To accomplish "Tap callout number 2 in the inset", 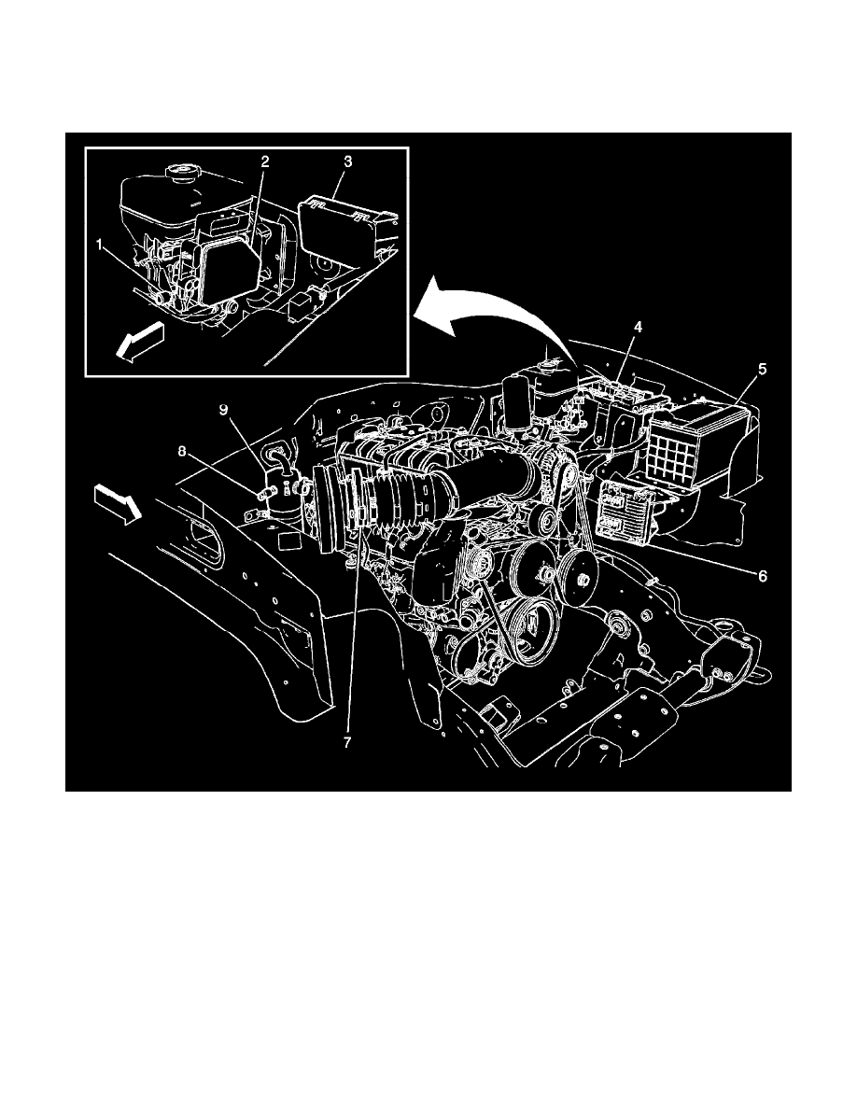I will [x=265, y=161].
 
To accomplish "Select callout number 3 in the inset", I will [x=347, y=161].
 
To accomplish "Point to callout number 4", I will [x=638, y=327].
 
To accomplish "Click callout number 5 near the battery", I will [x=763, y=369].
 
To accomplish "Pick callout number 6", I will [x=762, y=576].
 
